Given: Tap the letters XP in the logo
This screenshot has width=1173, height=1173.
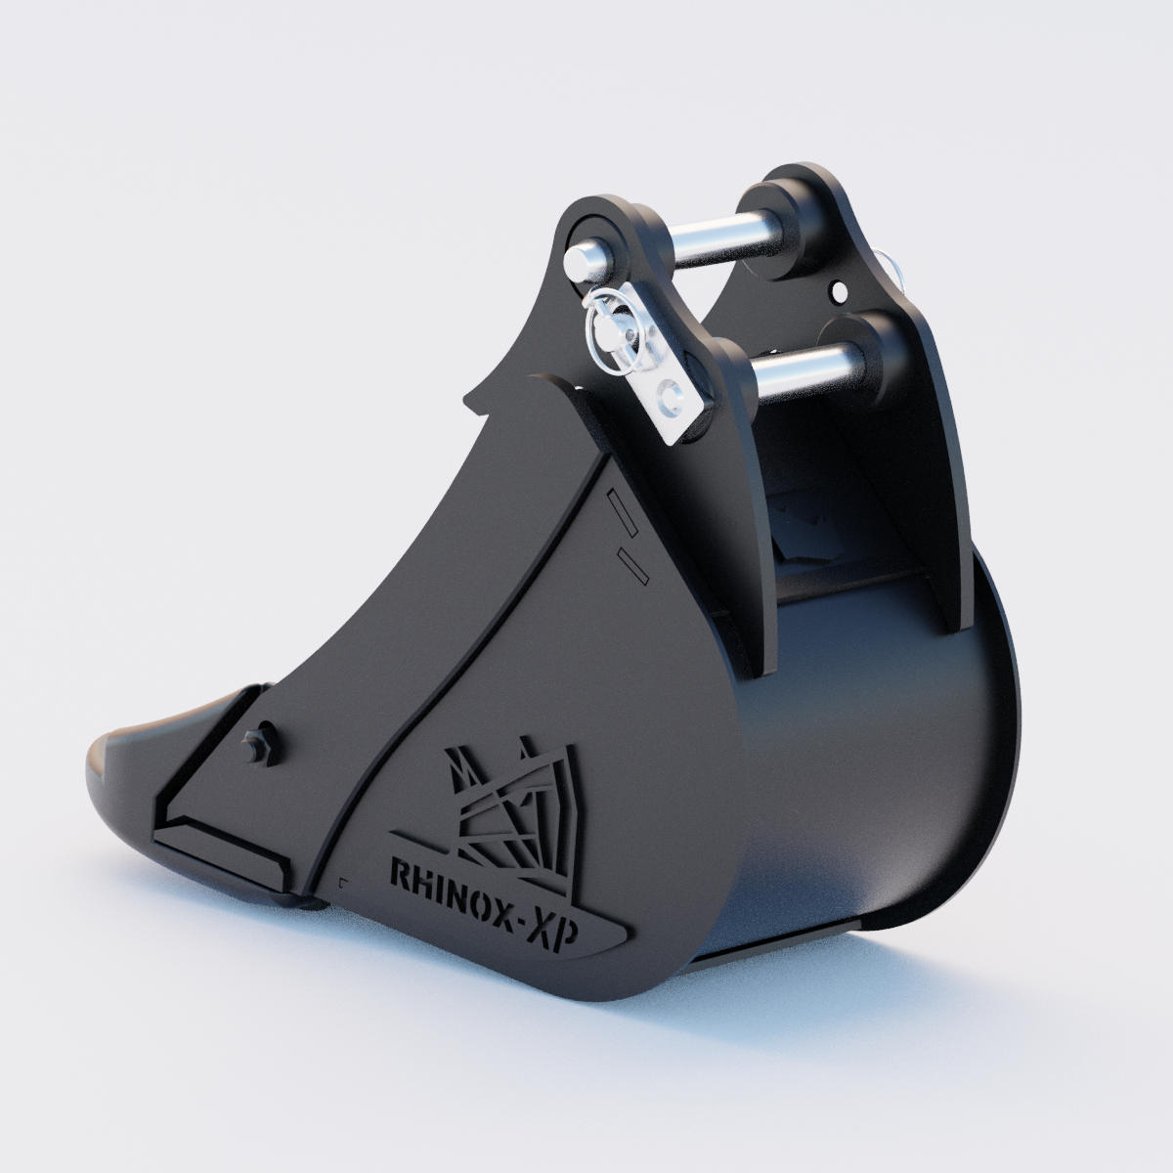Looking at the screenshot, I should [x=552, y=938].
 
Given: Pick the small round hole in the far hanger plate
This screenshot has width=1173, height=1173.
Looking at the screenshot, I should [x=837, y=290].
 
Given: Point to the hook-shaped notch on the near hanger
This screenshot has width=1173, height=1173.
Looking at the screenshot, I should [x=479, y=395].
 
